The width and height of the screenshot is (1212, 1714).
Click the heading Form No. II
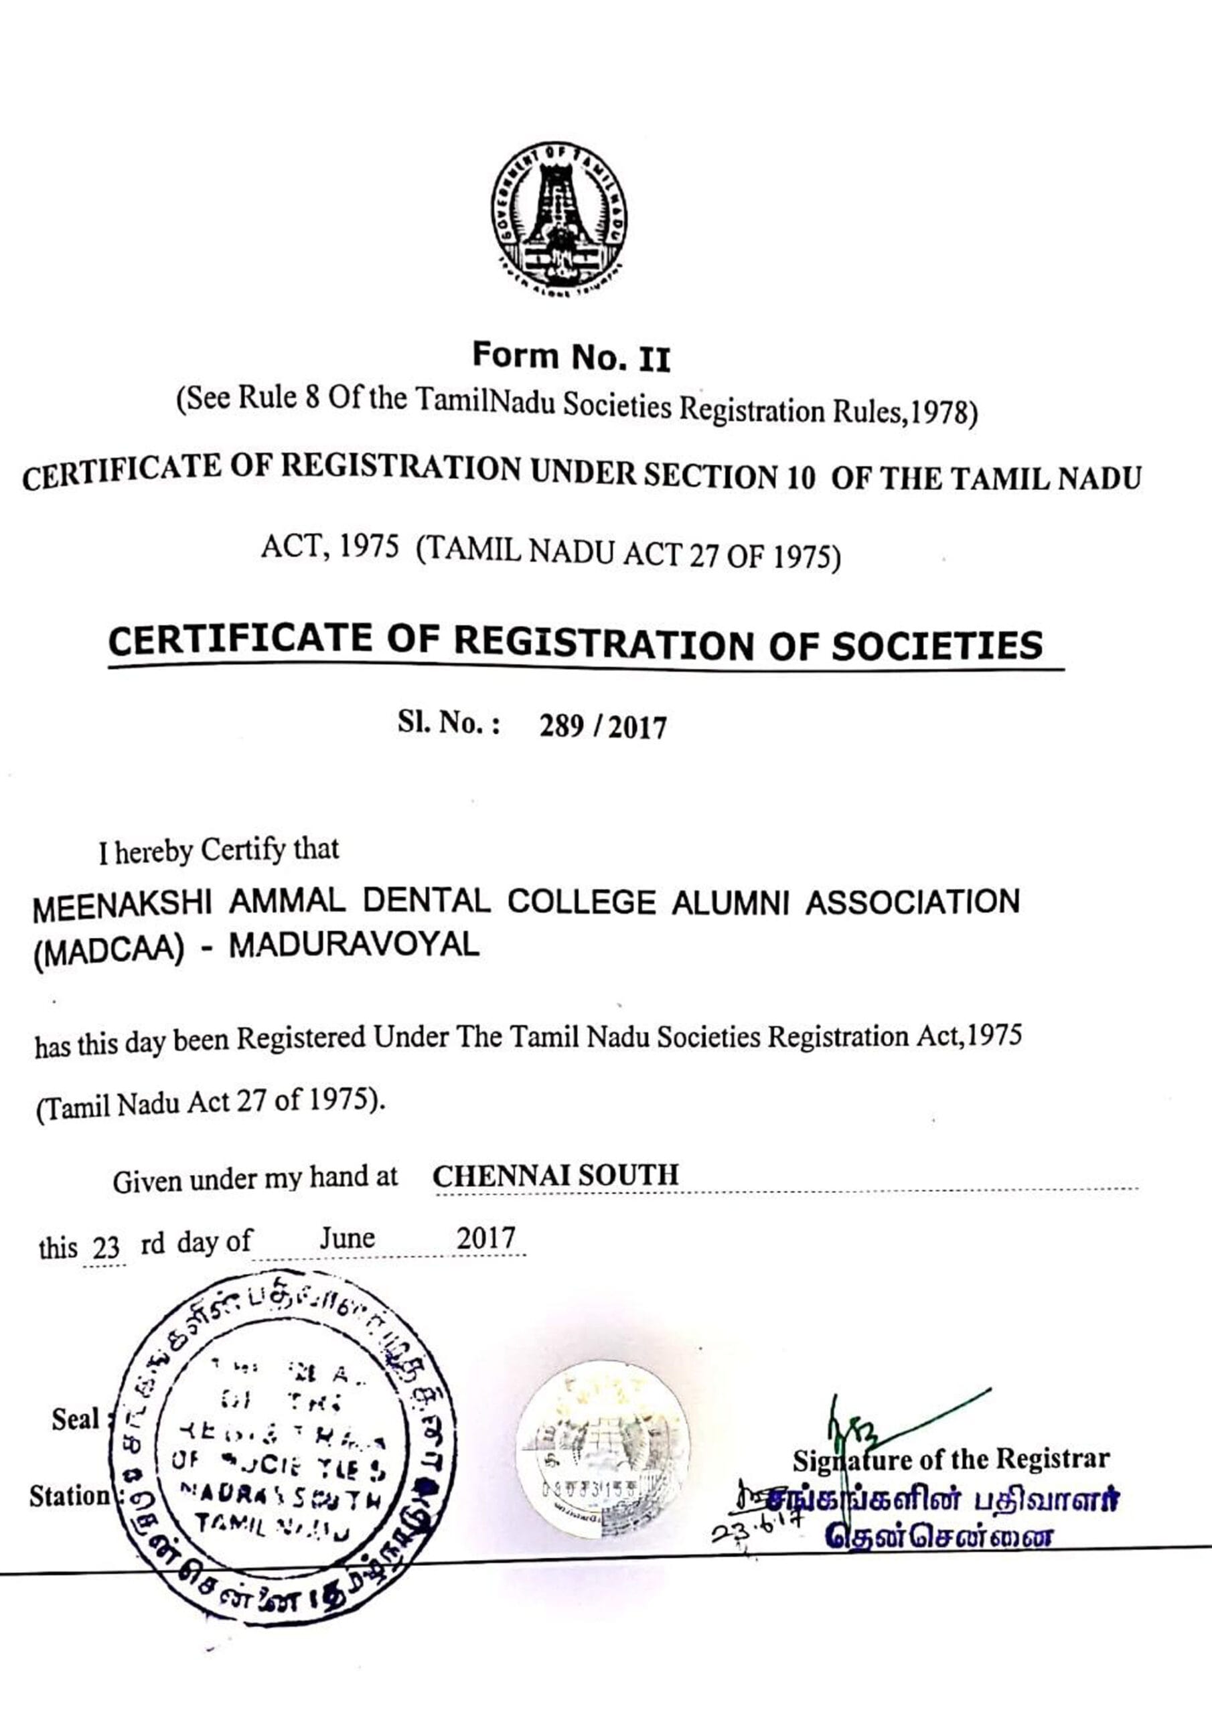[571, 358]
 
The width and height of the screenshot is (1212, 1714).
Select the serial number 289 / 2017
[602, 726]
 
